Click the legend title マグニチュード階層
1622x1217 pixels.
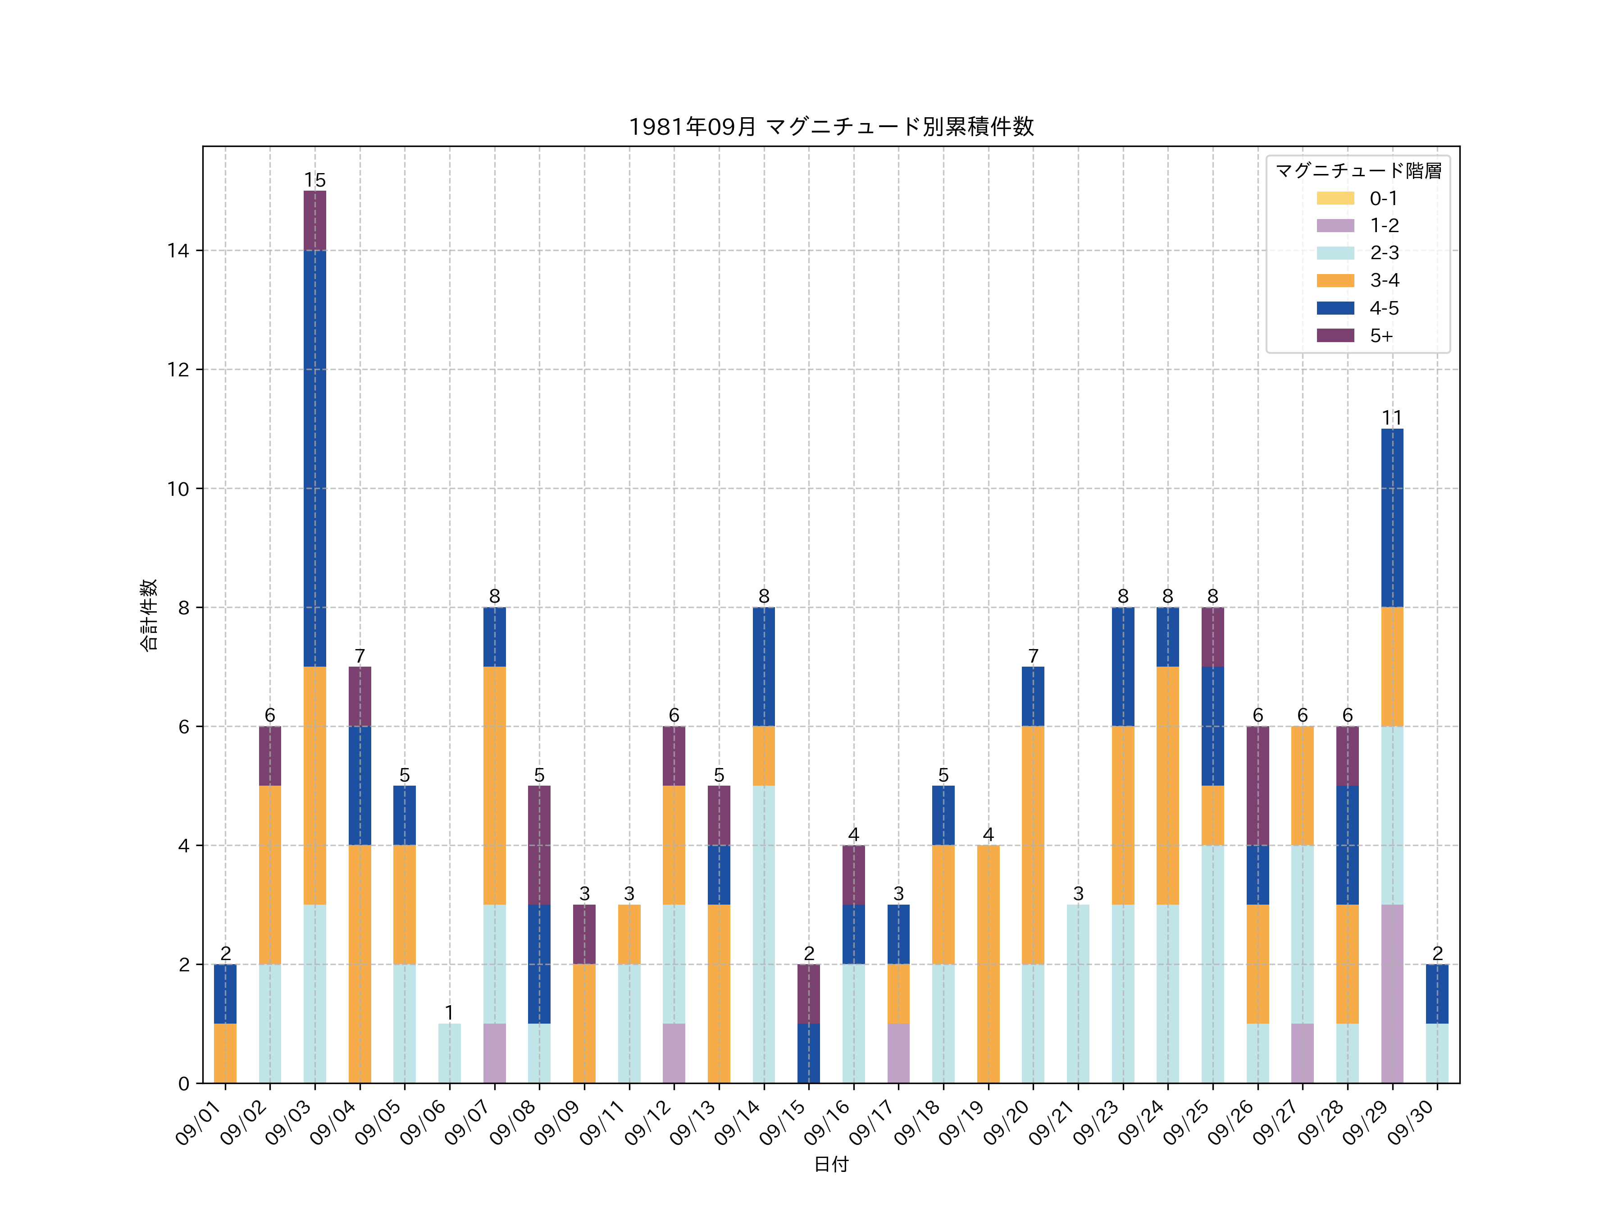click(1358, 171)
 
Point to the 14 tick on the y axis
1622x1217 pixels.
click(178, 251)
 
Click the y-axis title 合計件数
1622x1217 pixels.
click(149, 615)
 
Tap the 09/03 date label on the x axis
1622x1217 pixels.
click(290, 1122)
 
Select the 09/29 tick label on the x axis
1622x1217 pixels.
click(1367, 1122)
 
